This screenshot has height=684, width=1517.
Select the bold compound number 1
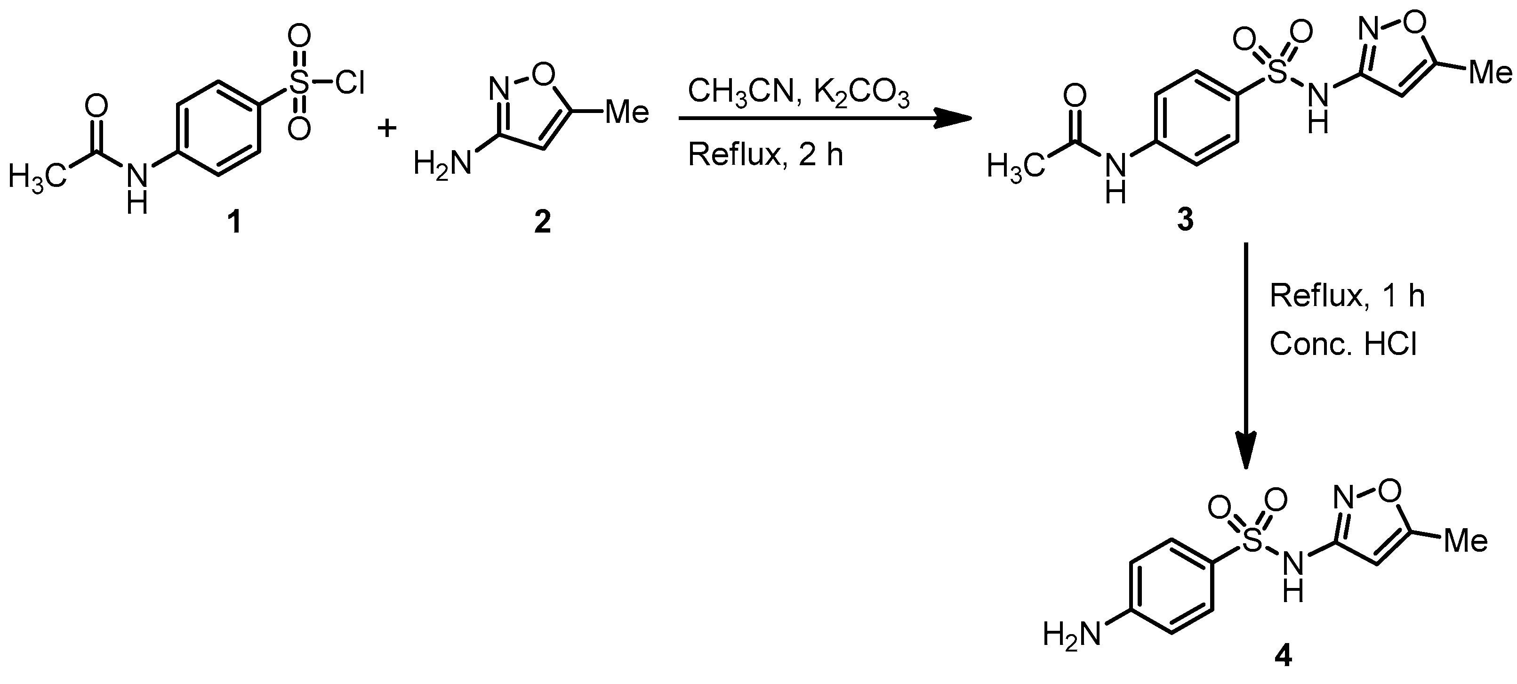235,222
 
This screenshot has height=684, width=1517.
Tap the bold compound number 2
542,222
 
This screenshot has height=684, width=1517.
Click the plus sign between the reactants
387,127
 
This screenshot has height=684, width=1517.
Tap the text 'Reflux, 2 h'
766,155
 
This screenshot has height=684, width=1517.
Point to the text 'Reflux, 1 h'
1347,296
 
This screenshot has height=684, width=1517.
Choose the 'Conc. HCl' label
1343,344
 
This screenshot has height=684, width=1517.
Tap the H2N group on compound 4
1071,635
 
